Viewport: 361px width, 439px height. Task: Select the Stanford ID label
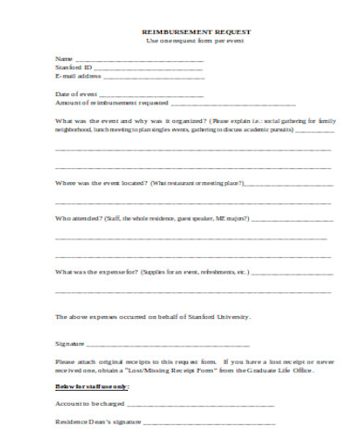pyautogui.click(x=73, y=67)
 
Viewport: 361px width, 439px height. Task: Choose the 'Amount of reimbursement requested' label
pyautogui.click(x=110, y=103)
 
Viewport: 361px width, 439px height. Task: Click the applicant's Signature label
pyautogui.click(x=71, y=343)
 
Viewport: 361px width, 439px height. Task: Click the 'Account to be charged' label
pyautogui.click(x=92, y=403)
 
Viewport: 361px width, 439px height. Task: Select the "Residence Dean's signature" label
pyautogui.click(x=98, y=421)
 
